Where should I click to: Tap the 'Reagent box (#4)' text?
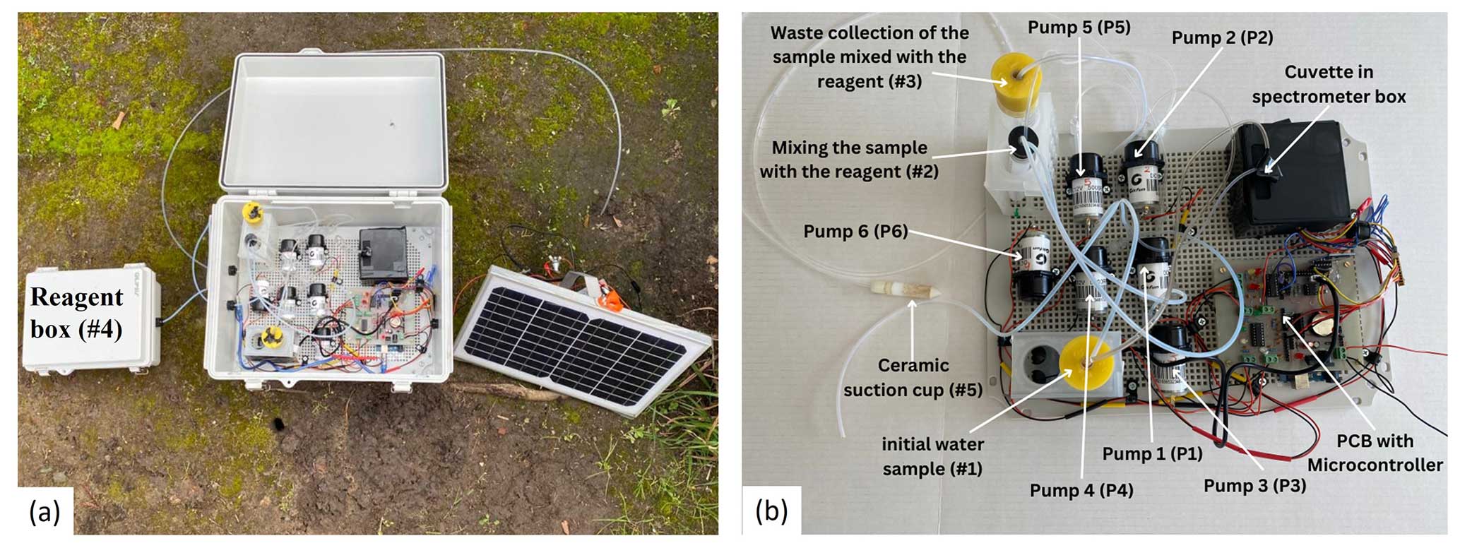tap(76, 313)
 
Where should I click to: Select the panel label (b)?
tap(771, 510)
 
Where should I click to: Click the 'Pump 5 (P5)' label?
tap(1079, 28)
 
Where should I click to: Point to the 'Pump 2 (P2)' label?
tap(1222, 37)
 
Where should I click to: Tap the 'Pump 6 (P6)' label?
tap(855, 232)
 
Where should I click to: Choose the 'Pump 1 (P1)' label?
tap(1152, 453)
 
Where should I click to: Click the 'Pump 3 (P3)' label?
tap(1254, 486)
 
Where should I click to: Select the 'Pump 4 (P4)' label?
tap(1081, 490)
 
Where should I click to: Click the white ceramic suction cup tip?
tap(894, 290)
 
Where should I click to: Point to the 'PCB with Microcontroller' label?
tap(1375, 453)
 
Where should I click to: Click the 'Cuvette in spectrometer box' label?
tap(1329, 84)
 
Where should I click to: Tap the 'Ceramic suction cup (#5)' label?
tap(913, 377)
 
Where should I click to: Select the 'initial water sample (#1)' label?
tap(932, 456)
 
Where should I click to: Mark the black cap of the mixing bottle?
tap(1021, 141)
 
